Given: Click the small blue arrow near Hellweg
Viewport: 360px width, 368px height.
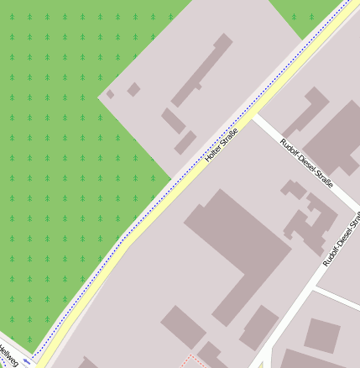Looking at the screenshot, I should [x=28, y=361].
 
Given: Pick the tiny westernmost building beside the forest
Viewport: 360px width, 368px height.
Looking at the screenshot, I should [x=110, y=94].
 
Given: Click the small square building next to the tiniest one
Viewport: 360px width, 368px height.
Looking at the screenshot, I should [x=133, y=88].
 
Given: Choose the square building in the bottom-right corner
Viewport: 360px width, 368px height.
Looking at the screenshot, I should [x=321, y=334].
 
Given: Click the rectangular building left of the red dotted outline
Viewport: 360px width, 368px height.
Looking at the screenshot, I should [x=183, y=326].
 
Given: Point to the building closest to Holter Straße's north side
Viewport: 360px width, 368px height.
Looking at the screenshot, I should [x=185, y=142].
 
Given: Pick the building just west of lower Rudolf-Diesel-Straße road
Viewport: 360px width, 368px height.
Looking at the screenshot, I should [x=259, y=328].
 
